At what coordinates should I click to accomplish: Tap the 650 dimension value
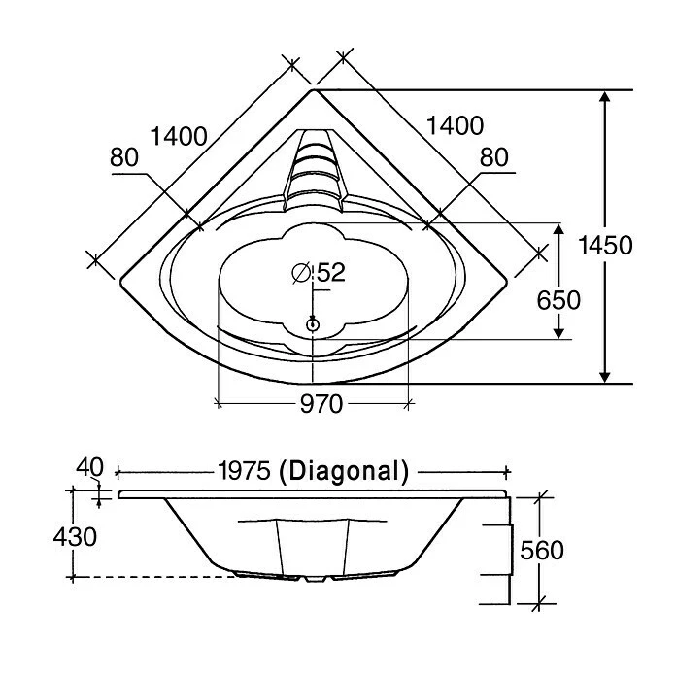[x=558, y=300]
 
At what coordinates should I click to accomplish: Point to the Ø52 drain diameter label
[x=319, y=273]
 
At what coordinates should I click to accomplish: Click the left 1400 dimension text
[x=180, y=136]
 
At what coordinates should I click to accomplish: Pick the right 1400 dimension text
[x=455, y=124]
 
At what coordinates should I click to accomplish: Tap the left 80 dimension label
[x=124, y=157]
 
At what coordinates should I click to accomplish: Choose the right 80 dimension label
[x=494, y=157]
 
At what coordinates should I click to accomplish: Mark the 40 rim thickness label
[x=90, y=468]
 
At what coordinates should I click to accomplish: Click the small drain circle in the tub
[x=313, y=324]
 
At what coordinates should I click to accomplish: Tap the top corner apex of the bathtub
[x=313, y=90]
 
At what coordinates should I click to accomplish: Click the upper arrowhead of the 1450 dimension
[x=605, y=98]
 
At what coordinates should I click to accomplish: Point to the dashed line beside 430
[x=155, y=577]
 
